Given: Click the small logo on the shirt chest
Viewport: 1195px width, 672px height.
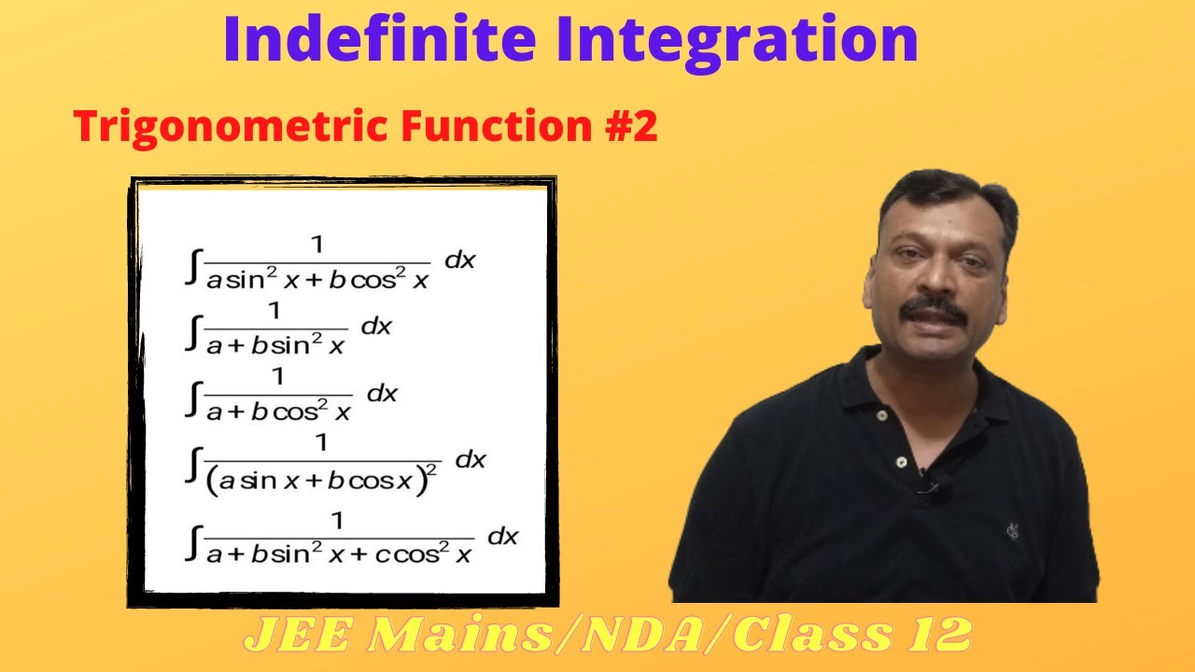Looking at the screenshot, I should click(1012, 530).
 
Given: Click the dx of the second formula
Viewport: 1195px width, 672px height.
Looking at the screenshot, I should click(376, 327).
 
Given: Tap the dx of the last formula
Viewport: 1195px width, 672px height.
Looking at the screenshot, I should click(503, 536).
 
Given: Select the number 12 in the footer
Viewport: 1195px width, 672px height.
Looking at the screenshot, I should click(937, 636).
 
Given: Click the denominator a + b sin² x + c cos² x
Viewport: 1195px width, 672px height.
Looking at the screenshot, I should click(340, 553).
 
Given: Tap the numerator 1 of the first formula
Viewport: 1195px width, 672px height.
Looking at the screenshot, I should click(316, 245).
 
